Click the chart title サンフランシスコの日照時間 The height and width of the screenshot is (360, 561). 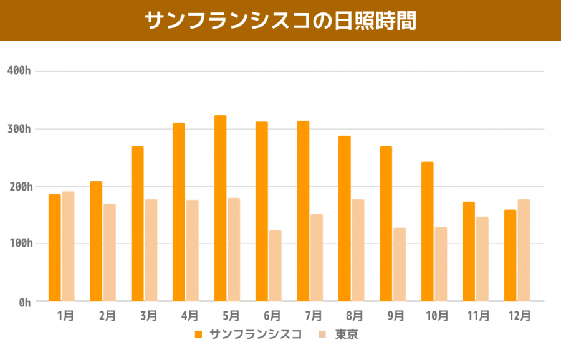tap(280, 20)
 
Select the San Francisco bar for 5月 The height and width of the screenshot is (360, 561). tap(220, 208)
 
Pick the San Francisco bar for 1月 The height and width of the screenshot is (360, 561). tap(55, 248)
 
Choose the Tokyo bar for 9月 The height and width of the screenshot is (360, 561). tap(400, 265)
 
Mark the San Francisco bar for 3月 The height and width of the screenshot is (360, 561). tap(137, 224)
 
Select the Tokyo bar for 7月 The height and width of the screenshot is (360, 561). tap(317, 258)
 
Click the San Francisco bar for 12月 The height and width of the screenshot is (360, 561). tap(510, 255)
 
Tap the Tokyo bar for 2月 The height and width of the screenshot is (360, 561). tap(110, 253)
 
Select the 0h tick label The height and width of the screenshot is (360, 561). tap(24, 302)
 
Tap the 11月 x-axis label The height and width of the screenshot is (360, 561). tap(478, 316)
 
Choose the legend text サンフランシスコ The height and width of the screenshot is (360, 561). tap(256, 334)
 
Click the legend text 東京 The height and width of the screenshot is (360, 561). tap(347, 334)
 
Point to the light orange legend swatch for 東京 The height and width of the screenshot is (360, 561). tap(323, 334)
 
